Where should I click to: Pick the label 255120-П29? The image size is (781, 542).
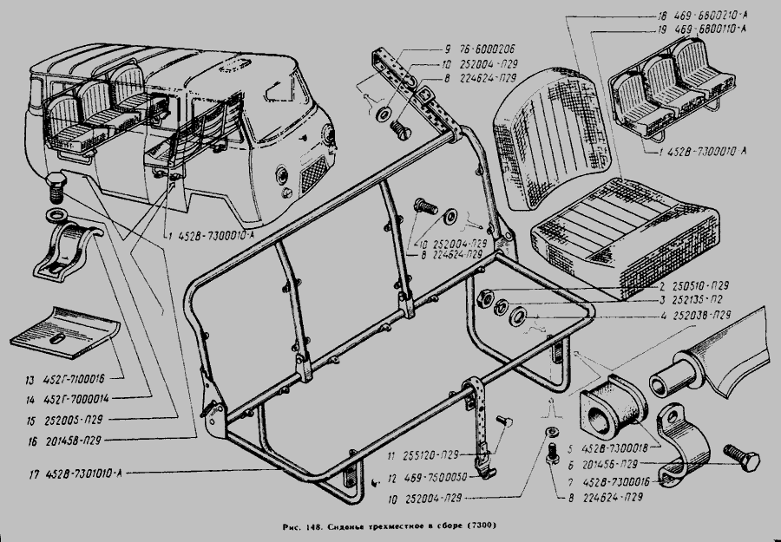tap(425, 457)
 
